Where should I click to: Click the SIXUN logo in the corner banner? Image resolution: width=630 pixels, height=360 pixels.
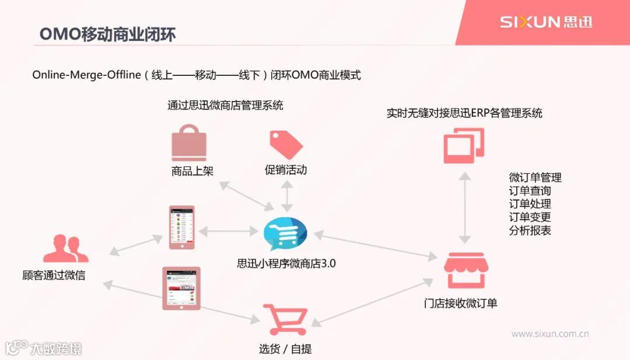click(x=545, y=22)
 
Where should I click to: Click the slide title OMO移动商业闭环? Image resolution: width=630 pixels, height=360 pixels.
click(x=107, y=34)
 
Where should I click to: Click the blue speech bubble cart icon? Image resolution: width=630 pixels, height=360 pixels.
click(x=285, y=233)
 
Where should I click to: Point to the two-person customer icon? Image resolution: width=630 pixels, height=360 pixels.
click(x=65, y=249)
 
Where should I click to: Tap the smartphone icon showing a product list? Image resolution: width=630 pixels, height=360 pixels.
click(x=181, y=227)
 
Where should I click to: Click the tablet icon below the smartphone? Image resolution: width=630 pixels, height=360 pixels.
click(x=181, y=288)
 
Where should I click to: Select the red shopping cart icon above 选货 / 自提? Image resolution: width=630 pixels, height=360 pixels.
click(x=285, y=319)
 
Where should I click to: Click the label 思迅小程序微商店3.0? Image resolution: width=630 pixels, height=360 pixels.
click(x=286, y=263)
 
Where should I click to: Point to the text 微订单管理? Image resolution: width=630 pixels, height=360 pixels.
click(x=535, y=178)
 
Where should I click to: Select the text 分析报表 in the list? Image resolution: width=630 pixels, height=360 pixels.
click(x=530, y=230)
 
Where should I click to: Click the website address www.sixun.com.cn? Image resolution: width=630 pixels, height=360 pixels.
click(x=549, y=334)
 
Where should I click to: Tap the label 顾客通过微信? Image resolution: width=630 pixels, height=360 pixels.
click(x=54, y=275)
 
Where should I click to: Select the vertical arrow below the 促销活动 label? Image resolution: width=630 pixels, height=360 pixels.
click(x=287, y=196)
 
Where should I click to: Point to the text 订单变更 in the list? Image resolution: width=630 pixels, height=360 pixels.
click(x=530, y=217)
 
